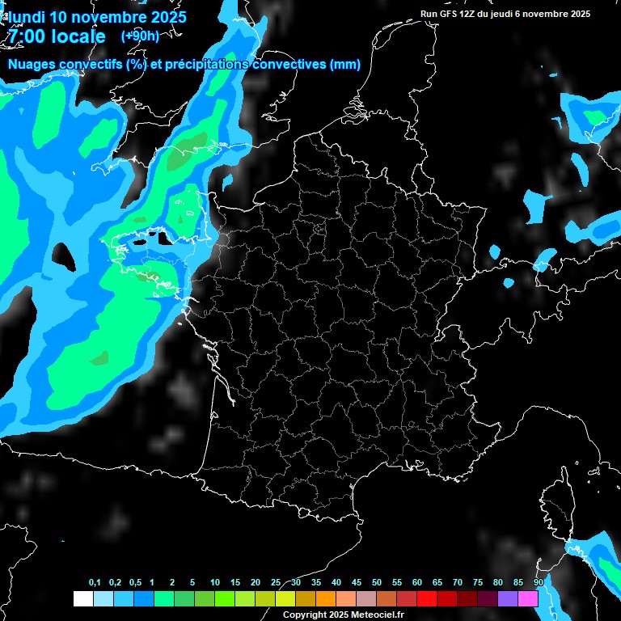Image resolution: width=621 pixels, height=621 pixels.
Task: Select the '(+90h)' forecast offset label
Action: tap(140, 36)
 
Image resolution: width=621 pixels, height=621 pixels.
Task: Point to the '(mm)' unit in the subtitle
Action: tap(345, 65)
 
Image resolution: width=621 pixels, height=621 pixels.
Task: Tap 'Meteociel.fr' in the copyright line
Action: tap(378, 615)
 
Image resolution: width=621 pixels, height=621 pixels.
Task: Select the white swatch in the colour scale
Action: tap(82, 598)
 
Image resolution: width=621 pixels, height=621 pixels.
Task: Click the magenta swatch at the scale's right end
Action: tap(528, 598)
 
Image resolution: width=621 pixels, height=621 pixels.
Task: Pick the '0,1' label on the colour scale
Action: tap(95, 583)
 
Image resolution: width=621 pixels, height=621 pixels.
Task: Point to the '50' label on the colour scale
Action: tap(377, 583)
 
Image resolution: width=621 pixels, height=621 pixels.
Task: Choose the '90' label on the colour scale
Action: tap(539, 583)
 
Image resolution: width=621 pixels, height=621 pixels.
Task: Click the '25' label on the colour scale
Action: tap(276, 583)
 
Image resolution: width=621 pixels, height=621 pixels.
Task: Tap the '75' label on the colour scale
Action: tap(478, 583)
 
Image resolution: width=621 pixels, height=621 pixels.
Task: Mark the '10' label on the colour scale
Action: tap(215, 583)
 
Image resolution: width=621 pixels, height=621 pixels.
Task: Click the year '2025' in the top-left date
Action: tap(163, 16)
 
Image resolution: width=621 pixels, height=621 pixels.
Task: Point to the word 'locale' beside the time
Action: tap(78, 36)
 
